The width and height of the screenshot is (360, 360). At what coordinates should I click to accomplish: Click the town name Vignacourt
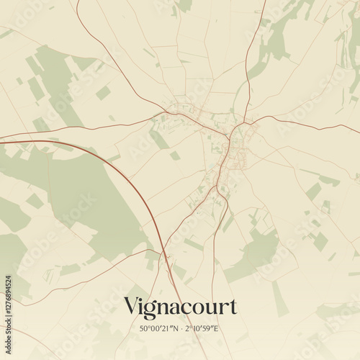180,307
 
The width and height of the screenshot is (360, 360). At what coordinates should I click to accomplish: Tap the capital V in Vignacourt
131,307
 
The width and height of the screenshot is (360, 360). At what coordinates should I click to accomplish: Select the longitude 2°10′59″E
205,328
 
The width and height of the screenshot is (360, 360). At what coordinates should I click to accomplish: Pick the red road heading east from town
302,123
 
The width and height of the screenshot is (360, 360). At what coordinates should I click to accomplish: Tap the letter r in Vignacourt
222,309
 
